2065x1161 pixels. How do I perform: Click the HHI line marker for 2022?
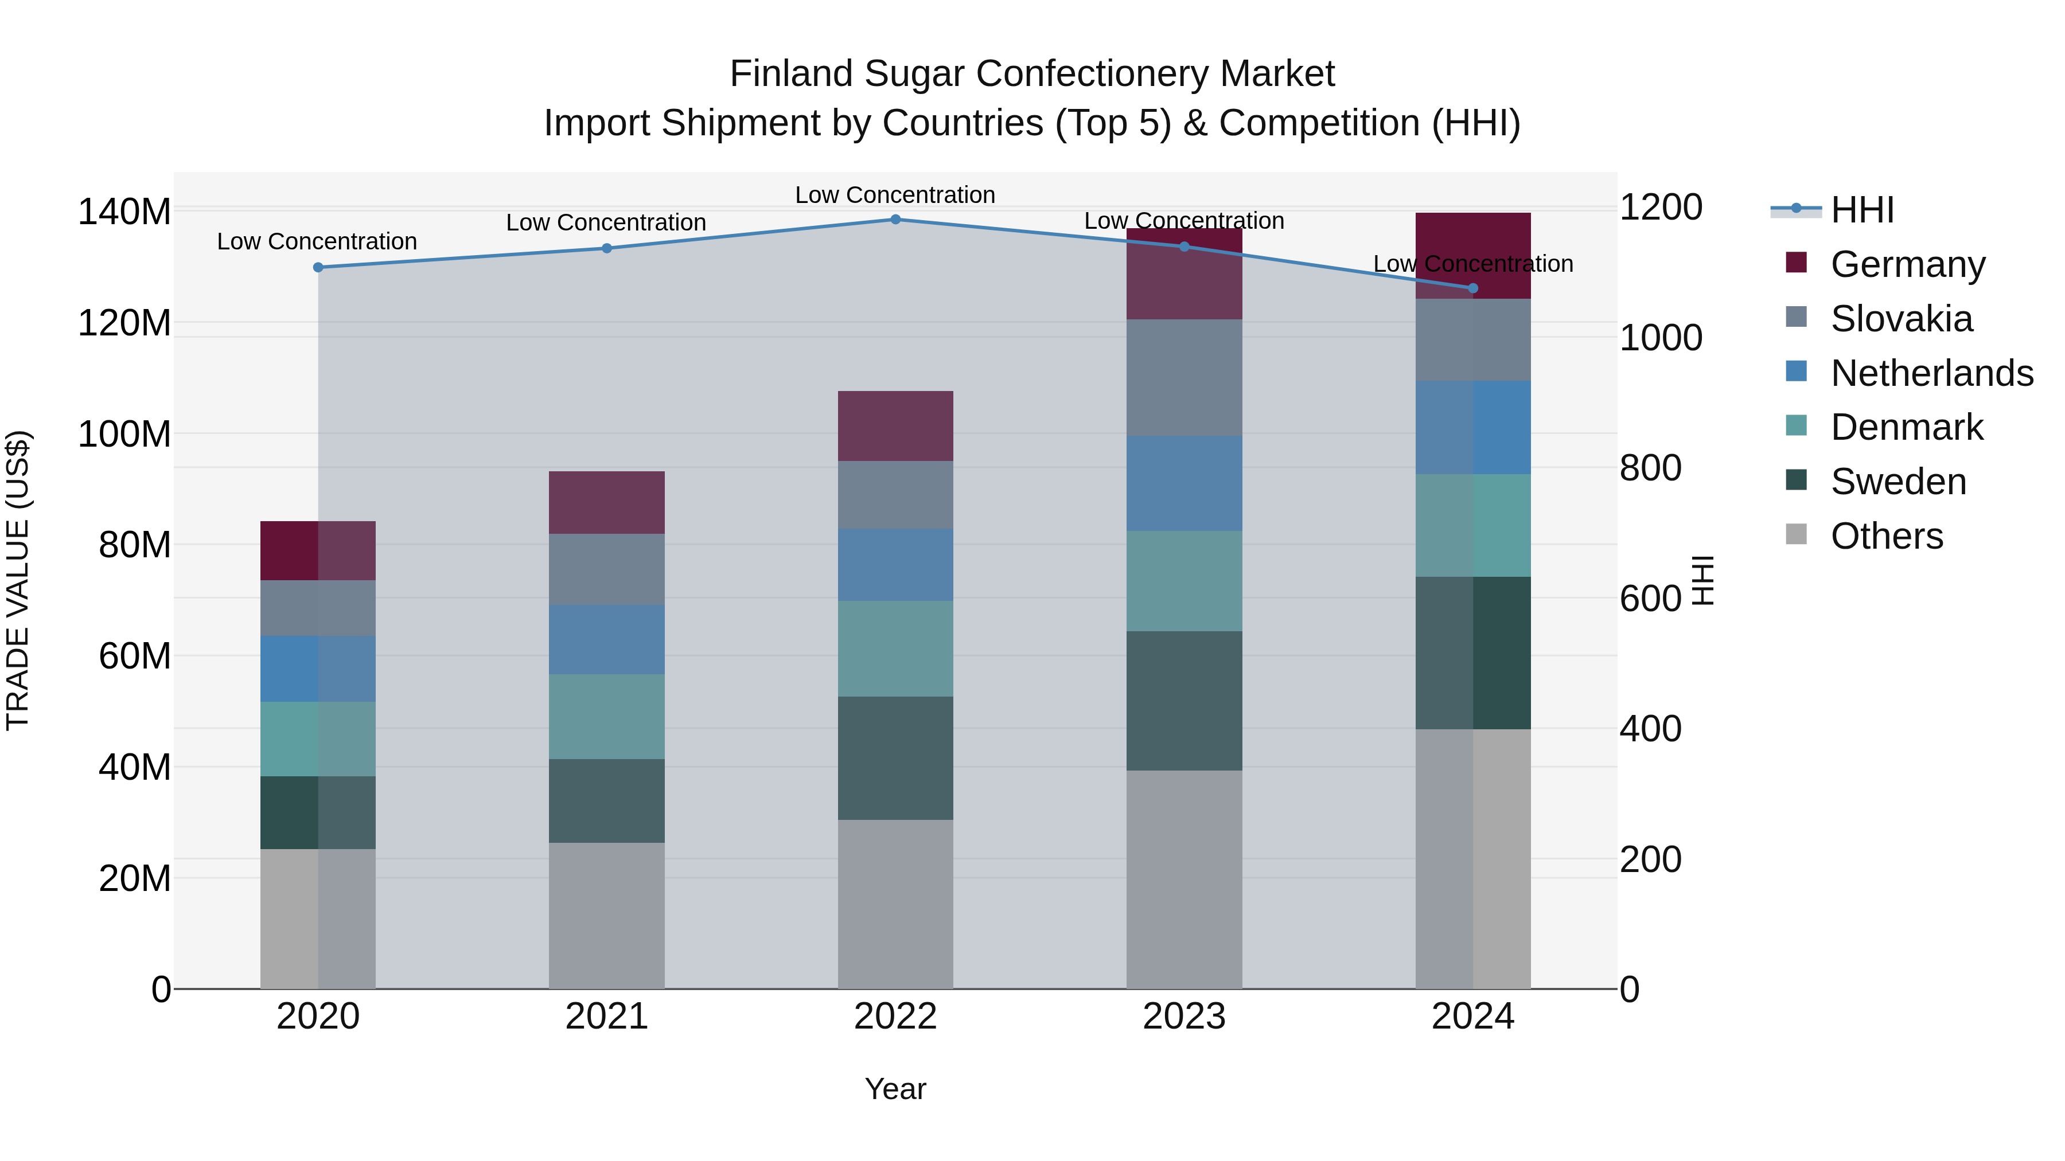coord(895,219)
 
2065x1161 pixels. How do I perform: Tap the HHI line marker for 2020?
coord(318,267)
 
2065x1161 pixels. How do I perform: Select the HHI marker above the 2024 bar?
coord(1472,288)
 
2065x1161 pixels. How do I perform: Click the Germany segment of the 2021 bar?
coord(607,502)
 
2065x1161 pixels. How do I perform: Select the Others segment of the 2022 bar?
coord(895,903)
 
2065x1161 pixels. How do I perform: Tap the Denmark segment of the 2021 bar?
coord(607,716)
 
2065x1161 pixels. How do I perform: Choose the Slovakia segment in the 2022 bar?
coord(895,494)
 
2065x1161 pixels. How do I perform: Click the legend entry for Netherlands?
coord(1930,373)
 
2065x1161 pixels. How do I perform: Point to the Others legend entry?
coord(1885,536)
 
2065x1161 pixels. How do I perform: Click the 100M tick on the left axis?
coord(124,434)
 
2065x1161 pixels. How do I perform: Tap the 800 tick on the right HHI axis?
coord(1650,468)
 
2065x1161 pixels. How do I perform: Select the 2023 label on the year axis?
coord(1184,1017)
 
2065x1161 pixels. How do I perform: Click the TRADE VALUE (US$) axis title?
coord(18,580)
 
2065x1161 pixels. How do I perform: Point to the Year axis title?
coord(895,1089)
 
